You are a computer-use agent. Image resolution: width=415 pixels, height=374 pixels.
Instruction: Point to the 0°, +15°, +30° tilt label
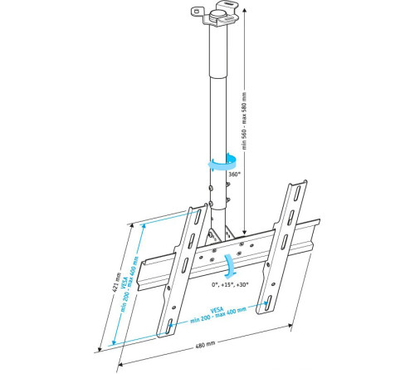(x=230, y=285)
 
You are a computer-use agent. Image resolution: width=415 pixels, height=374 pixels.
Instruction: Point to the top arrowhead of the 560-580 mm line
(x=245, y=12)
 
